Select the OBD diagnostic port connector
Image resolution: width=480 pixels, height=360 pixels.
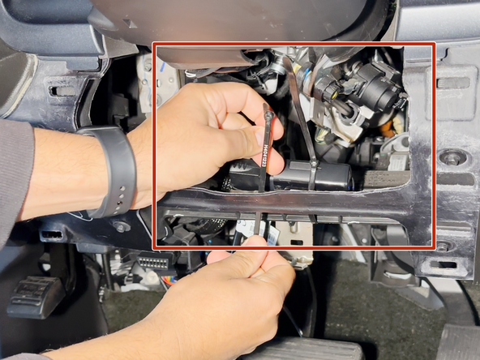[x=154, y=264]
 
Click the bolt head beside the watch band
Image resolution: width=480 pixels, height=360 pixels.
[x=122, y=228]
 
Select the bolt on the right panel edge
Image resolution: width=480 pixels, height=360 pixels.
[x=452, y=157]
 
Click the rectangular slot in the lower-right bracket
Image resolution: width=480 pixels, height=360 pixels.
[x=444, y=264]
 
